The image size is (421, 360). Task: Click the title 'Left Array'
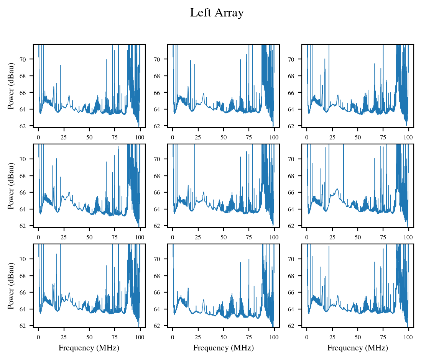click(x=217, y=13)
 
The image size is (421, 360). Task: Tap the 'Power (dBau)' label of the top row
click(x=11, y=86)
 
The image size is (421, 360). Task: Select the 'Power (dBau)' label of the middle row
click(x=11, y=186)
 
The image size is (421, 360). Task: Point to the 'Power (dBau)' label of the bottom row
click(x=11, y=286)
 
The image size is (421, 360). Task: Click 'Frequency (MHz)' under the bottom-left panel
click(x=89, y=348)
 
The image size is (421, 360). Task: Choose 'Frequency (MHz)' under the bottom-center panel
click(x=223, y=348)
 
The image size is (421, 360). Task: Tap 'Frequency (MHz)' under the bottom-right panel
click(x=358, y=348)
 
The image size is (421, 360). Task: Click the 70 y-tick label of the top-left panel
click(x=28, y=59)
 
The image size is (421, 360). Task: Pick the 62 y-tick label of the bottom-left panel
click(x=28, y=326)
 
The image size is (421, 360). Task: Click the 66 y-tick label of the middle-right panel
click(x=296, y=192)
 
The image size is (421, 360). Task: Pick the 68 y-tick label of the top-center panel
click(x=162, y=76)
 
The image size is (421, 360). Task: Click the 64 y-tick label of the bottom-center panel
click(x=162, y=309)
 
